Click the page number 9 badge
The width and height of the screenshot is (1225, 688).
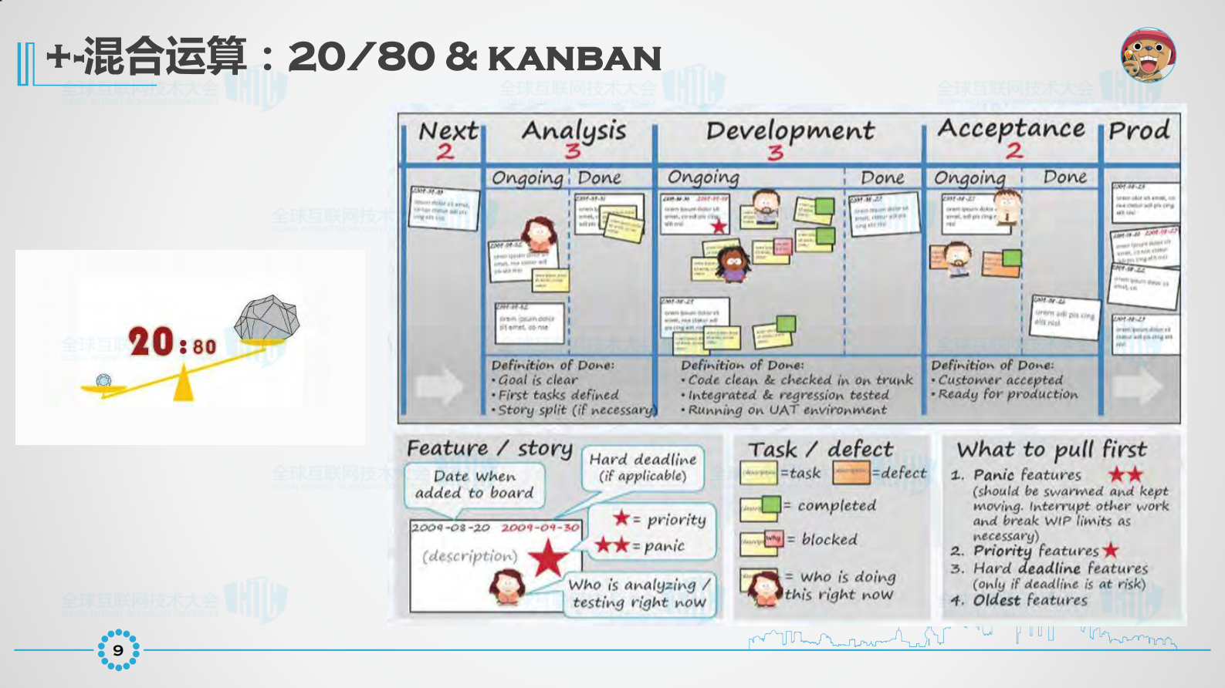click(118, 650)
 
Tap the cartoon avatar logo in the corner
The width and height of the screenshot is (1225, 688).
click(1148, 55)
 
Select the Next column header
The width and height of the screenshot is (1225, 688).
click(448, 131)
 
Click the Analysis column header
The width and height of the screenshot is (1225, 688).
click(574, 130)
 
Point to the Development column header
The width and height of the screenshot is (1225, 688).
click(790, 130)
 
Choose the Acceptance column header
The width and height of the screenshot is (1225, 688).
click(1011, 128)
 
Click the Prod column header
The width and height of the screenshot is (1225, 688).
click(1139, 130)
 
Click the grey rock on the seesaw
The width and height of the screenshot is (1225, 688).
click(267, 317)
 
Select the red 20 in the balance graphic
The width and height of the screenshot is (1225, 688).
click(151, 342)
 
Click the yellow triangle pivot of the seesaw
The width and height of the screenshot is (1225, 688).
click(183, 385)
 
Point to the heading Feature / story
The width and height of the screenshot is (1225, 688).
click(489, 448)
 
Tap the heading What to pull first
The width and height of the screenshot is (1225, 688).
click(1051, 449)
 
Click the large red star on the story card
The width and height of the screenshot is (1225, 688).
click(547, 558)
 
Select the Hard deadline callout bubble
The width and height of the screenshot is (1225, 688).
click(642, 467)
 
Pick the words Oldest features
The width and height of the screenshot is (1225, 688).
click(1030, 600)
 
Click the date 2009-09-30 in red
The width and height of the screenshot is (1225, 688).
click(540, 528)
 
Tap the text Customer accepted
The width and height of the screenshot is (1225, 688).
click(1000, 379)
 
